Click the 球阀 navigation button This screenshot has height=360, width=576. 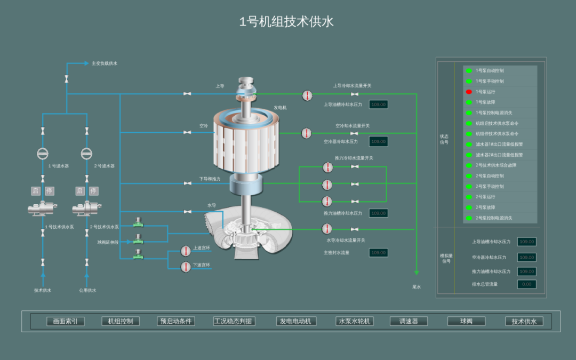point(466,321)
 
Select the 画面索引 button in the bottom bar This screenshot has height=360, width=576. point(65,321)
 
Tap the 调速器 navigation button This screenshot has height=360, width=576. point(409,321)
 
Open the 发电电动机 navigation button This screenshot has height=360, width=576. point(297,321)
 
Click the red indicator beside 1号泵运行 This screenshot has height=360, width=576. point(469,92)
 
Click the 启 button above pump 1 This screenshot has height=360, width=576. point(36,191)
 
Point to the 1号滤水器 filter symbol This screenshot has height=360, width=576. point(43,154)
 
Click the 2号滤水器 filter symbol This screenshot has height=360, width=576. point(86,154)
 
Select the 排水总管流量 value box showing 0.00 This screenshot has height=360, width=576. point(526,284)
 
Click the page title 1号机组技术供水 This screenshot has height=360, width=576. point(286,22)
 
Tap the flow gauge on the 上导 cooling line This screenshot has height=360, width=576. point(307,95)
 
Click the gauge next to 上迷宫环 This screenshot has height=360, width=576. point(186,251)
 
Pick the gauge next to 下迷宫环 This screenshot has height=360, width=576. point(186,267)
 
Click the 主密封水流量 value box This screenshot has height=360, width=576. point(378,253)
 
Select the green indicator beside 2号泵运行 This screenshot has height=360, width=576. point(469,197)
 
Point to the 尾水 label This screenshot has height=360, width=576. point(417,287)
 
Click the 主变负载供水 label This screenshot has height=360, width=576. point(105,63)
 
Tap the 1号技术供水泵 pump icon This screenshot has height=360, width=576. point(43,209)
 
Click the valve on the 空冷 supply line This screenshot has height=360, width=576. point(187,132)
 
